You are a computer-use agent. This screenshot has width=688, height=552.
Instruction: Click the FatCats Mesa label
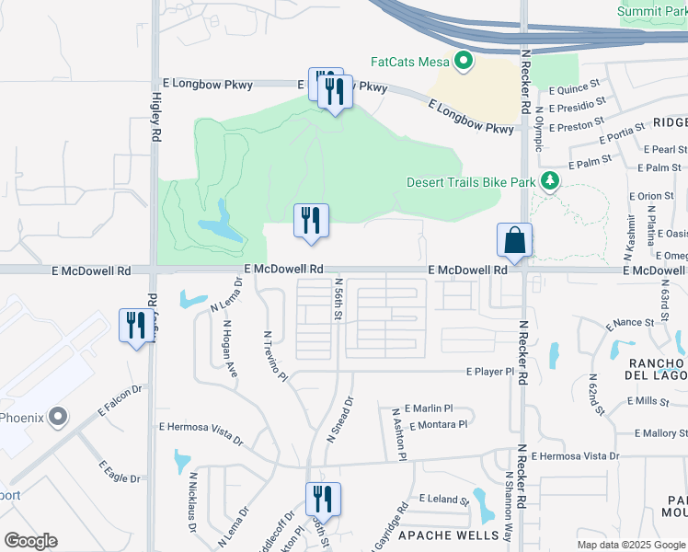pos(408,63)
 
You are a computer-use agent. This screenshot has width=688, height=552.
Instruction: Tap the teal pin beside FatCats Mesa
pos(464,63)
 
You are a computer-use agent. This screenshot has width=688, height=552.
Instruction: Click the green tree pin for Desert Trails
pos(550,180)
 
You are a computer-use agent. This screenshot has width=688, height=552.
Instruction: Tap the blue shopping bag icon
pos(515,241)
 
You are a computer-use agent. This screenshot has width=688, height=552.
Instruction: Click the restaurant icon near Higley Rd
pos(136,326)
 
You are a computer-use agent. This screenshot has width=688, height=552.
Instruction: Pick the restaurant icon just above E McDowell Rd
pos(311,221)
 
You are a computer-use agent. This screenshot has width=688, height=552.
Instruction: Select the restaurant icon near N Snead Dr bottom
pos(323,500)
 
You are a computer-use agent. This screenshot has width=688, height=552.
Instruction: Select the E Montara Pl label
pos(440,424)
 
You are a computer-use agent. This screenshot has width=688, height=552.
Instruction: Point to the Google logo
pos(31,540)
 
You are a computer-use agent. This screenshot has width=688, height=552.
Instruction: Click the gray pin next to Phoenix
pos(58,418)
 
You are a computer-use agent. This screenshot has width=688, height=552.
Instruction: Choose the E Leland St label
pos(444,499)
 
